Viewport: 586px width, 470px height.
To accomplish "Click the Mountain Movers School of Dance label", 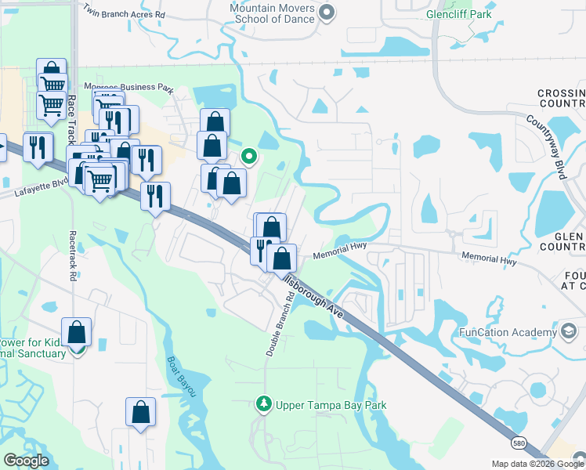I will (x=272, y=13).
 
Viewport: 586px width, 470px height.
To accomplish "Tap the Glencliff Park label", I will (x=460, y=14).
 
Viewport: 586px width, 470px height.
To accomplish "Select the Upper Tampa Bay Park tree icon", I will (x=264, y=404).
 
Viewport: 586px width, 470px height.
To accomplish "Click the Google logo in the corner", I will (x=26, y=461).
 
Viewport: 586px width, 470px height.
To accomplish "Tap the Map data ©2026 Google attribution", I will (x=537, y=464).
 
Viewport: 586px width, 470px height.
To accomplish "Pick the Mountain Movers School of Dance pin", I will (x=327, y=13).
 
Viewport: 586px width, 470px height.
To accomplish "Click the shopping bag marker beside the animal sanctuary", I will (x=77, y=332).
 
